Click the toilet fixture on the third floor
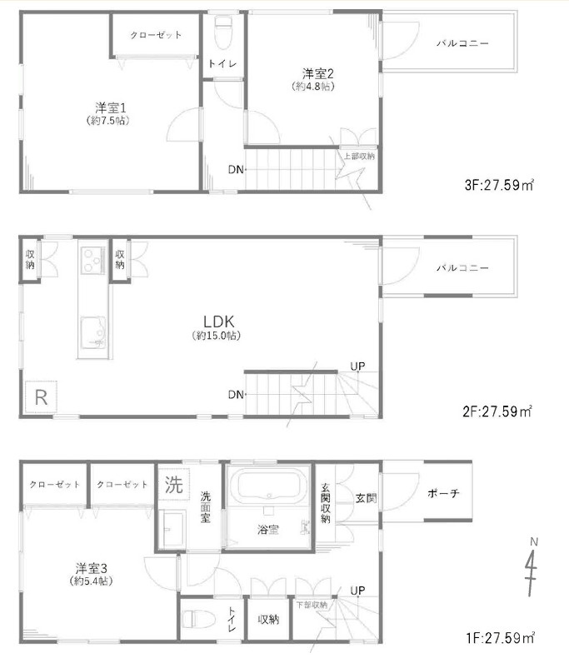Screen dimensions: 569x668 click(x=222, y=32)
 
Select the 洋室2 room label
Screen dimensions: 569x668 click(x=318, y=73)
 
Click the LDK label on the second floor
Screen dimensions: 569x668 click(x=218, y=322)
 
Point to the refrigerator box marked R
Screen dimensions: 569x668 click(x=41, y=396)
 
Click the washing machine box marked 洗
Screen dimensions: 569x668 click(x=174, y=485)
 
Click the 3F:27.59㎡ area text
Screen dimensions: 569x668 click(x=499, y=185)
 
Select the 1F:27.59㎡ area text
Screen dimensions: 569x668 click(x=500, y=638)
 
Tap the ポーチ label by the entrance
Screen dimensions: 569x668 click(x=443, y=493)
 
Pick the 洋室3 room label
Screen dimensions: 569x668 click(x=91, y=568)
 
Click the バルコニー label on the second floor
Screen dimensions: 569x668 click(x=462, y=268)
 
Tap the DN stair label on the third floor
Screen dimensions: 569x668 click(x=236, y=170)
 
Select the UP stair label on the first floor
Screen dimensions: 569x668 click(x=357, y=591)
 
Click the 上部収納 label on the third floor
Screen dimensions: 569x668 click(x=359, y=156)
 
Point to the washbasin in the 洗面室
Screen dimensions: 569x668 click(x=172, y=528)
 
